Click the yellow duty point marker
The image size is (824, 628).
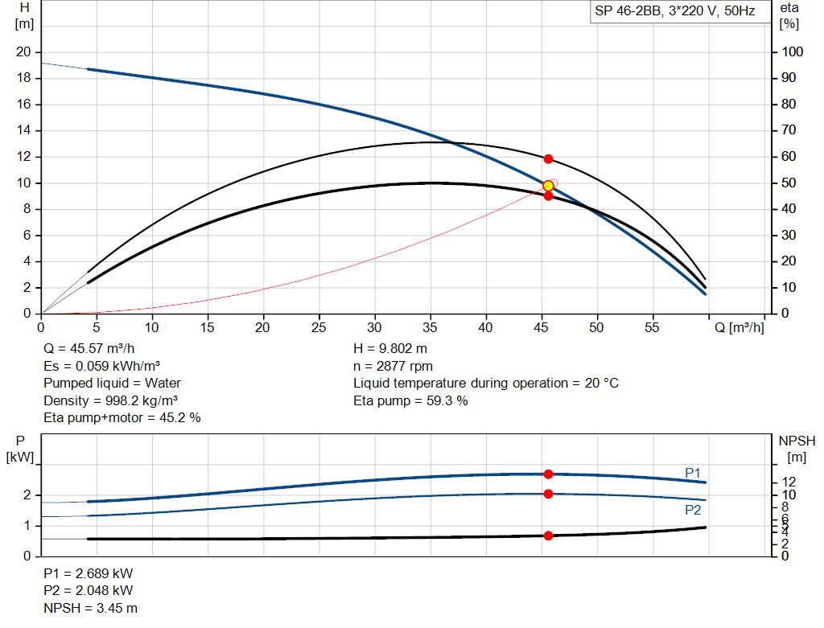[x=548, y=186]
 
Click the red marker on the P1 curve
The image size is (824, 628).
[x=548, y=474]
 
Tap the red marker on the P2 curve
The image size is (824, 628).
[x=548, y=494]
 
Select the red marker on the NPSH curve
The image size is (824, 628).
[x=548, y=536]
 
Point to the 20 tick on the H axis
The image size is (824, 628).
[x=23, y=52]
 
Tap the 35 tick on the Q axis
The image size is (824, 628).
[x=431, y=328]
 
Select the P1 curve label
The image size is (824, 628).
[x=693, y=472]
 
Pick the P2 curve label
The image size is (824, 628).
[x=693, y=510]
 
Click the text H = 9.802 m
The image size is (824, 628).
[x=391, y=349]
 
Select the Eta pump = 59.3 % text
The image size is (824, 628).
[x=410, y=400]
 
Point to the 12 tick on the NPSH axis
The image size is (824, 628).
[x=789, y=482]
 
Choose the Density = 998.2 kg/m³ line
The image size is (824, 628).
[x=111, y=400]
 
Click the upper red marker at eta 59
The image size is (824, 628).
[x=548, y=159]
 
